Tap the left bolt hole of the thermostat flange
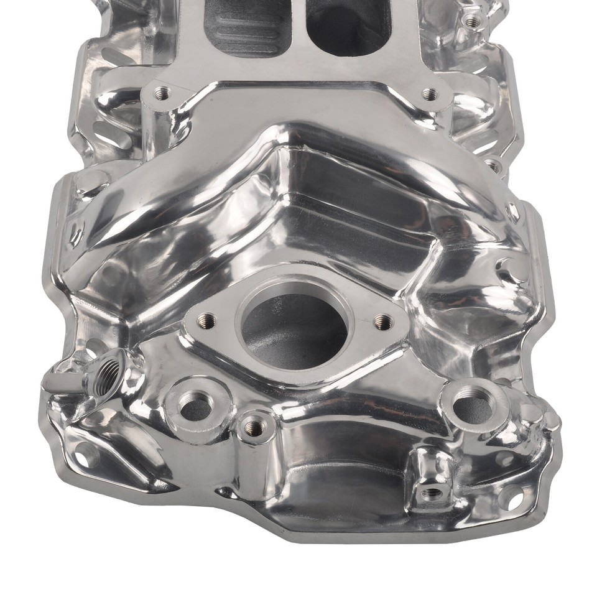pyautogui.click(x=207, y=321)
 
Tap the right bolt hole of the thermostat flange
pyautogui.click(x=384, y=322)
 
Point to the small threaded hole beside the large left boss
pyautogui.click(x=252, y=426)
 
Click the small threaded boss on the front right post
pyautogui.click(x=430, y=493)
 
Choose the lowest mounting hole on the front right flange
pyautogui.click(x=511, y=498)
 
